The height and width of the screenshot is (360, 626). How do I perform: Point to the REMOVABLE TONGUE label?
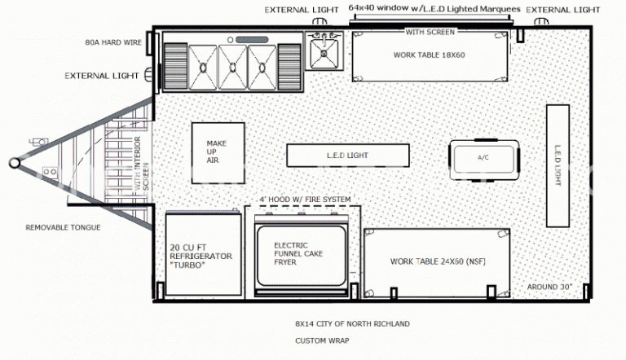click(x=63, y=227)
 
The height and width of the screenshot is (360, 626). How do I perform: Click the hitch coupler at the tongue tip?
click(x=15, y=162)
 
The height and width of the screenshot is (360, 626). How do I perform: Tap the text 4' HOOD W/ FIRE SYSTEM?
click(x=305, y=200)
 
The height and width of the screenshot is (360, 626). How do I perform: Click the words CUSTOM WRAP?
click(x=322, y=340)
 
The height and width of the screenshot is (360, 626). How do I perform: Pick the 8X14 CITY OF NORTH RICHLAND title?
click(x=352, y=324)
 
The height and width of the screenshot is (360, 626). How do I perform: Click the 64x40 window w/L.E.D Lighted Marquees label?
click(x=434, y=7)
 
